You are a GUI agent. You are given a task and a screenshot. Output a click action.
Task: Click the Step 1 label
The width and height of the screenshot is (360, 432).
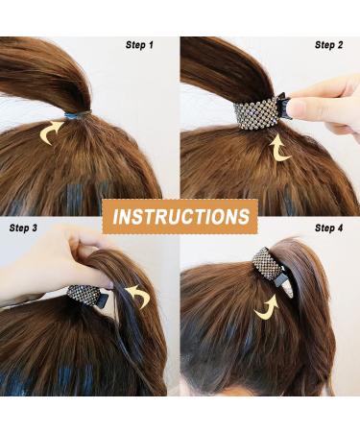[x=139, y=45]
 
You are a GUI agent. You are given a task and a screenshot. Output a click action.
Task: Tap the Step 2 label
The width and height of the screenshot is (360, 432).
[x=328, y=45]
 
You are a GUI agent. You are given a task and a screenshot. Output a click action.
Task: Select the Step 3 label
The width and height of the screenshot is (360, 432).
[x=23, y=228]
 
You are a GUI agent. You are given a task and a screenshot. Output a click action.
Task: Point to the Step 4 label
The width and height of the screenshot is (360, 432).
[x=328, y=228]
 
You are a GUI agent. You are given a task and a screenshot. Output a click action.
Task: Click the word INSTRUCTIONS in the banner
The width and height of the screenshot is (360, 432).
[x=180, y=216]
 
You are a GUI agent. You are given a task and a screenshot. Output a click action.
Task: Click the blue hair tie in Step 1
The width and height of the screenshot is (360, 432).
[x=77, y=114]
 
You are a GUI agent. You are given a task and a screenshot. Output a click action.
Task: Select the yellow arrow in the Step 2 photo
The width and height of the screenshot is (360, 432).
[x=279, y=148]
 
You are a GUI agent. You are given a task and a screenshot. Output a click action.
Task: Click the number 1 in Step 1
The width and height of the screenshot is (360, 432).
[x=150, y=45]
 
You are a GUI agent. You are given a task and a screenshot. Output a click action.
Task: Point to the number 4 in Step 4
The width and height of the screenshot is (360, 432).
[x=339, y=228]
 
